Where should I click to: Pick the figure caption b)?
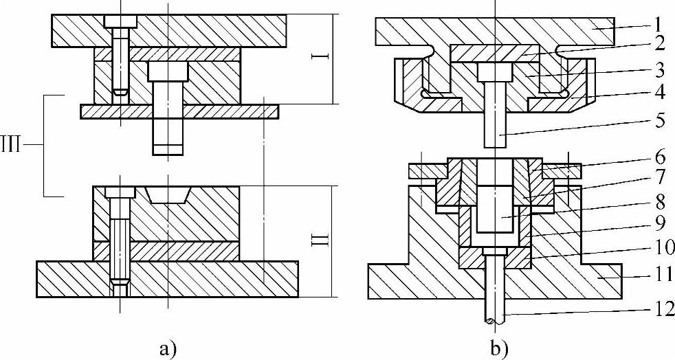pos(498,348)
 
